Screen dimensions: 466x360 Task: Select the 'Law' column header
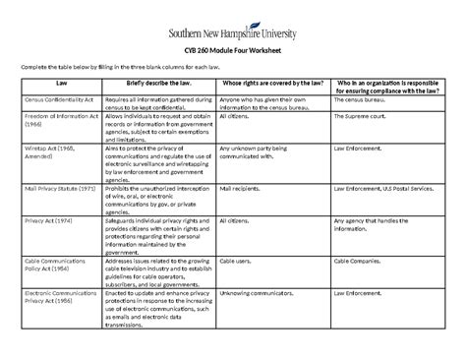[61, 86]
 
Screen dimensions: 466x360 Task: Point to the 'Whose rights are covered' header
[269, 86]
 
